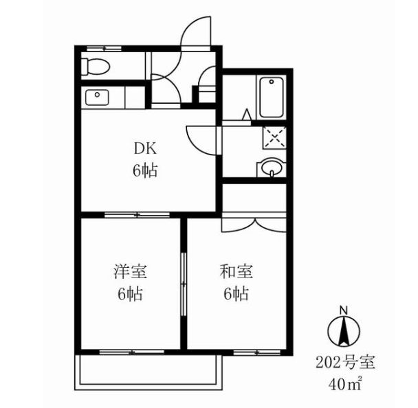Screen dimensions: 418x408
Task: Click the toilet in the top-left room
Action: [95, 67]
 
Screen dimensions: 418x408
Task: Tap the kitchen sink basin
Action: [97, 98]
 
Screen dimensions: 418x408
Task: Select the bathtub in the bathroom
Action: [272, 98]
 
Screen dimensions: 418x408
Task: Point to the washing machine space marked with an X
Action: [274, 137]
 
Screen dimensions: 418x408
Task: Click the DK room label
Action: [146, 149]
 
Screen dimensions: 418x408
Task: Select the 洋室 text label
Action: [131, 271]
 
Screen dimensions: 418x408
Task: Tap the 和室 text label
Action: [236, 271]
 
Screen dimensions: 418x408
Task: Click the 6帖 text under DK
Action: [145, 170]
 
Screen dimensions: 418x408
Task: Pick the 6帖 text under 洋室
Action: [131, 294]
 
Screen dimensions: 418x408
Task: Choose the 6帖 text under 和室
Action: [236, 294]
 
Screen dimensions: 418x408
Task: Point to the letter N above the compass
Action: [344, 310]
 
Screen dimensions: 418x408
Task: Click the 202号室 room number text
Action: [345, 363]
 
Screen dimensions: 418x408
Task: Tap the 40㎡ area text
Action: [345, 384]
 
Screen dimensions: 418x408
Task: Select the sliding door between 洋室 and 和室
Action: [184, 284]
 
